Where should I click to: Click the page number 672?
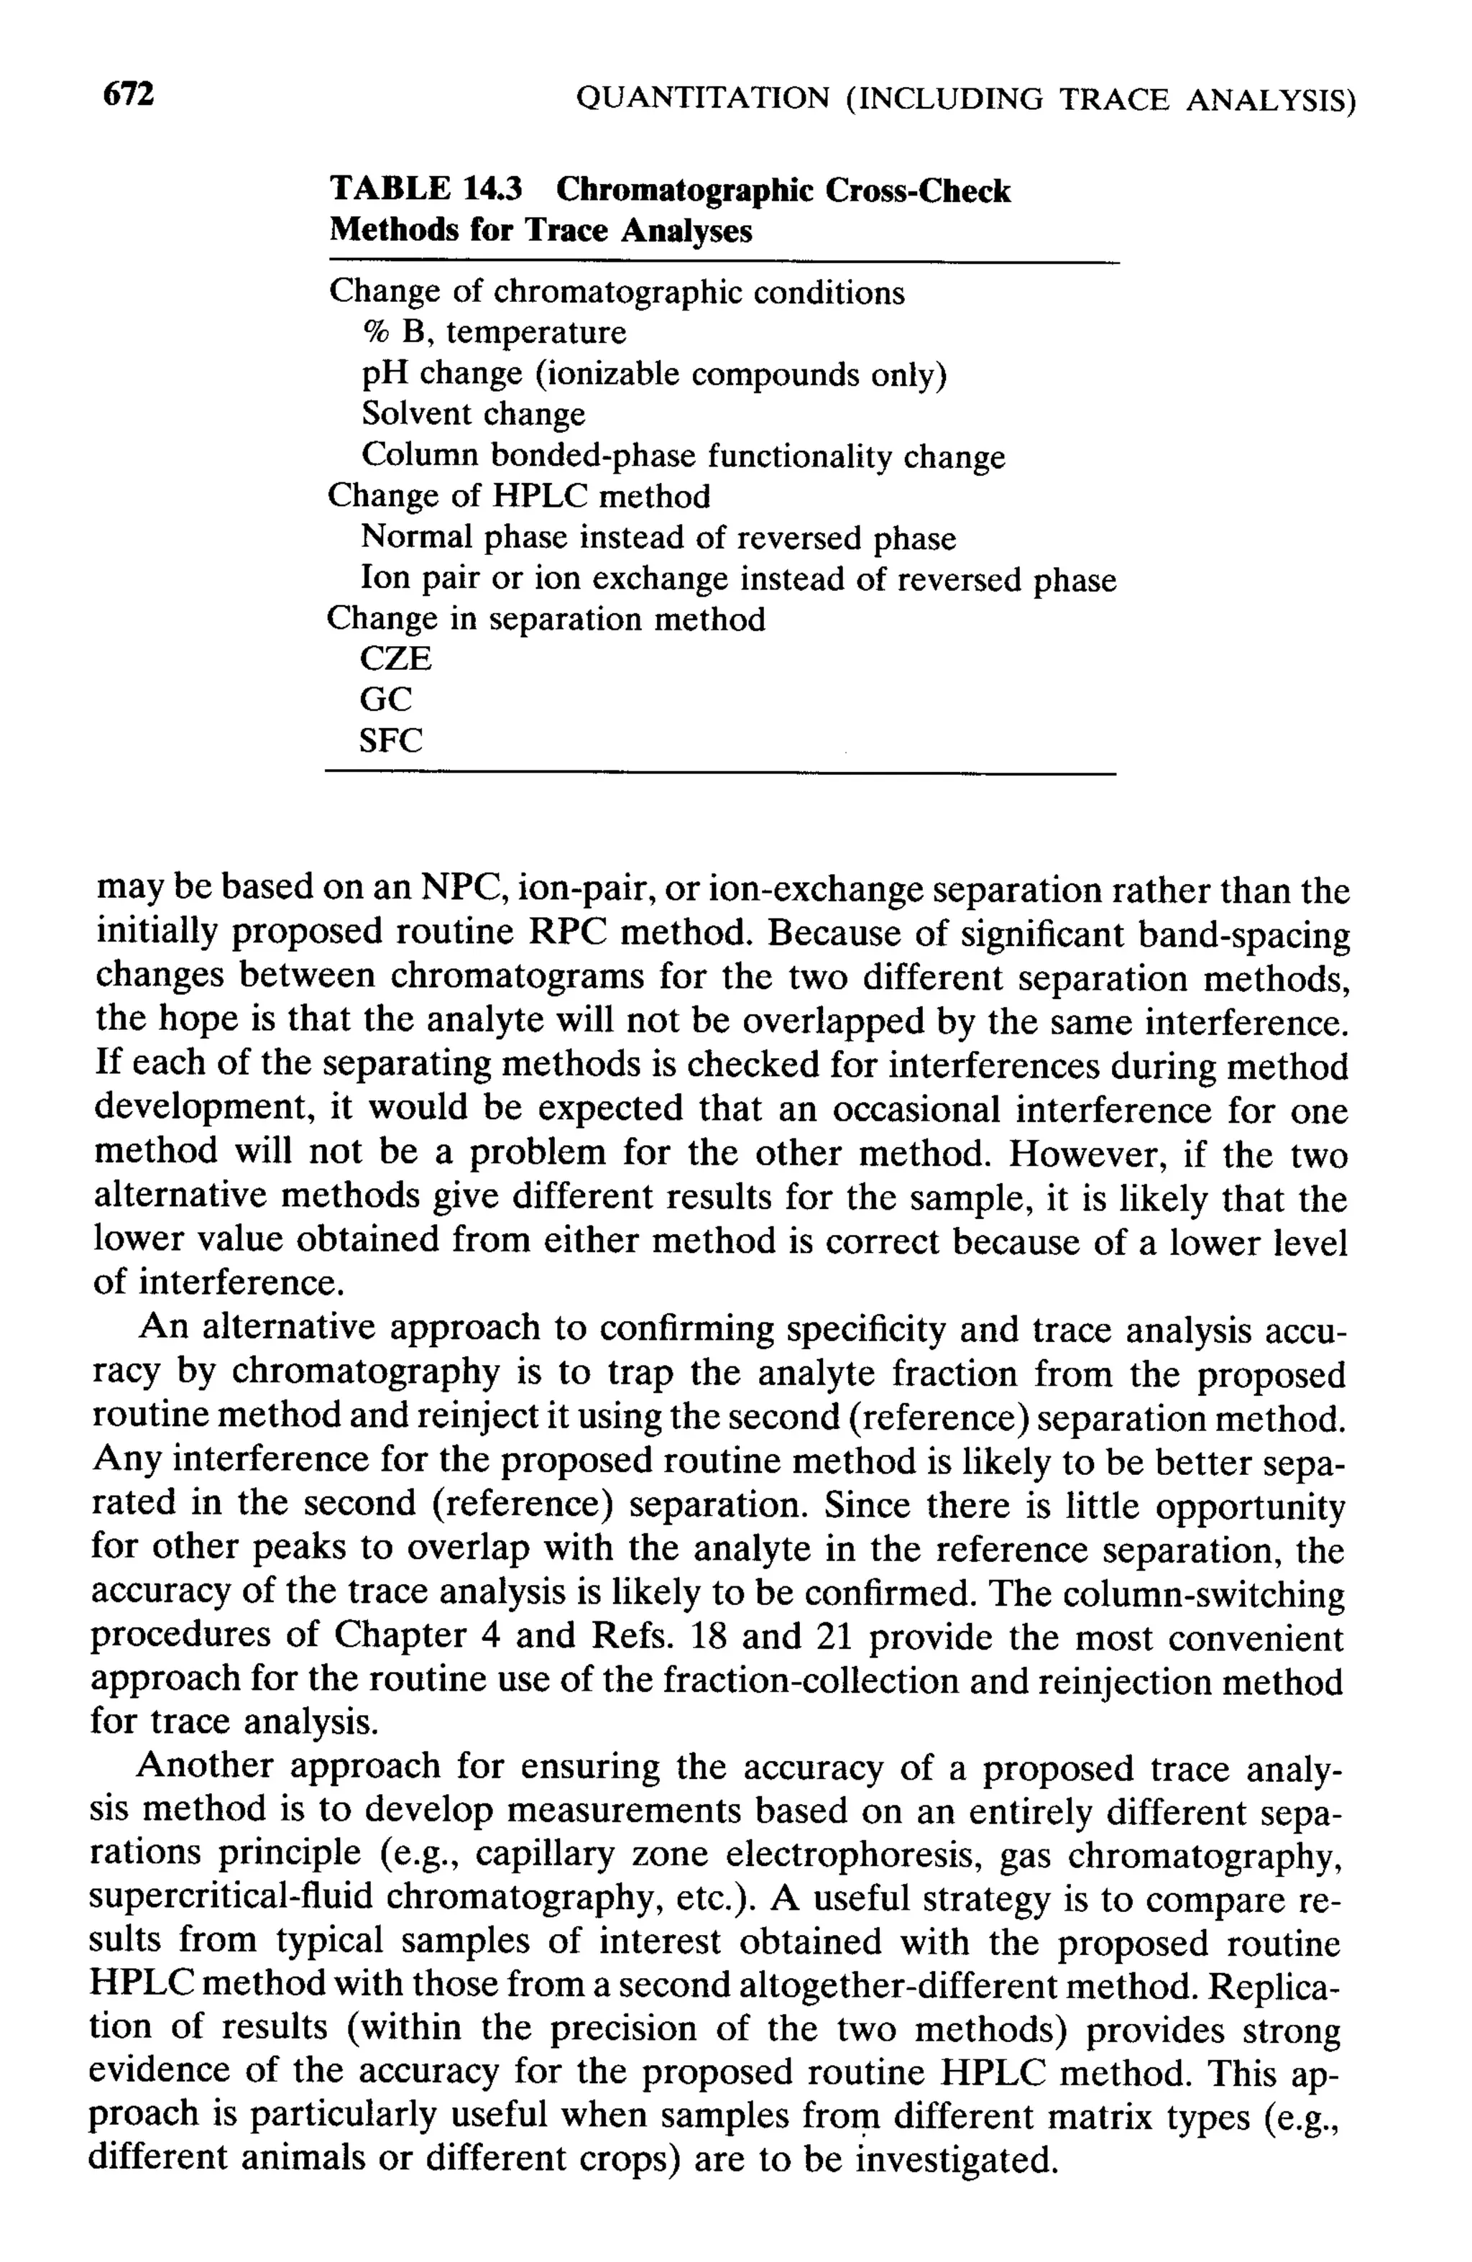[x=127, y=95]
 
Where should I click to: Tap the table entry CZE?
[x=395, y=658]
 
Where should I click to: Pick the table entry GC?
[x=386, y=699]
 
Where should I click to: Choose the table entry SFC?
[x=390, y=740]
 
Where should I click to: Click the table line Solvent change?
[x=473, y=415]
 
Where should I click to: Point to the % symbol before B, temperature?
[x=377, y=333]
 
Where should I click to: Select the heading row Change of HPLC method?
[x=518, y=496]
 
